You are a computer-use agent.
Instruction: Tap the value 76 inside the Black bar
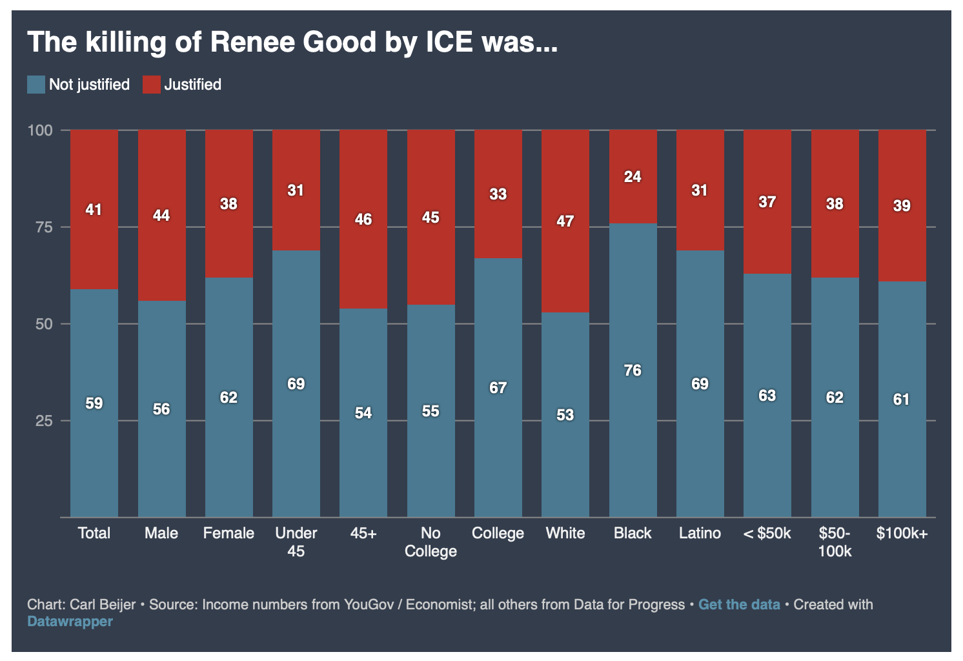(x=633, y=371)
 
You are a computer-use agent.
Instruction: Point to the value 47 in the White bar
(x=565, y=221)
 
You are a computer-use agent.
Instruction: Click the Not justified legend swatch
(x=36, y=85)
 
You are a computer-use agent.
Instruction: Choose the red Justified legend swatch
(x=151, y=85)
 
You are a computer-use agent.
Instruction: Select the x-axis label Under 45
(x=296, y=542)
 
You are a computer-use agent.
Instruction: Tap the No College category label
(x=431, y=542)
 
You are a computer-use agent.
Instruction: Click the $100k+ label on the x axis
(x=902, y=533)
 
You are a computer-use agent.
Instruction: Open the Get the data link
(x=739, y=605)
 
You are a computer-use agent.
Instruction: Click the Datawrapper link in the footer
(x=70, y=622)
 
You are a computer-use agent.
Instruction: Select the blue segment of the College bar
(x=498, y=452)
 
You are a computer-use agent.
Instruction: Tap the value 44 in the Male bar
(x=161, y=216)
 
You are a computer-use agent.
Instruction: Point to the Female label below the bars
(x=228, y=533)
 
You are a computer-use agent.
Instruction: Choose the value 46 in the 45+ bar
(x=363, y=219)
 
